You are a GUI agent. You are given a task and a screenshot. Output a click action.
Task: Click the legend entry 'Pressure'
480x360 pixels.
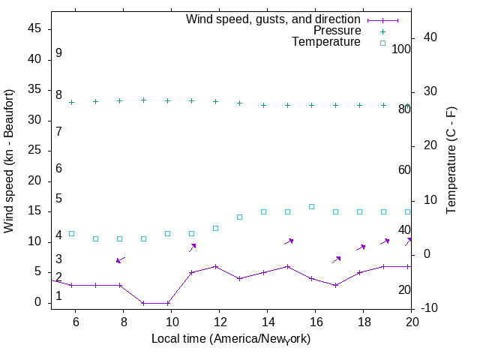tap(337, 31)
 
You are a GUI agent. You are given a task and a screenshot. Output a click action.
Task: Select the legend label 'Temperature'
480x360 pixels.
tap(326, 42)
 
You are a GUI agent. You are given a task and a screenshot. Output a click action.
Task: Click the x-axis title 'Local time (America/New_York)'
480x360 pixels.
tap(231, 339)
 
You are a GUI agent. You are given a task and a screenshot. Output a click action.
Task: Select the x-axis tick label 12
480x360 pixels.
tap(220, 321)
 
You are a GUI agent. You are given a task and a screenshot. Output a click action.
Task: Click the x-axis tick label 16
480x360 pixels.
tap(316, 321)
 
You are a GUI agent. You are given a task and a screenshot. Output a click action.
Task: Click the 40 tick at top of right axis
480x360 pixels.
tap(430, 37)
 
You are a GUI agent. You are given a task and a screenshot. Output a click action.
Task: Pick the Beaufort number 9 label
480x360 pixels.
tap(58, 54)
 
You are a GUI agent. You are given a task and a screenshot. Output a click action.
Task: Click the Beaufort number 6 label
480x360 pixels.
tap(58, 169)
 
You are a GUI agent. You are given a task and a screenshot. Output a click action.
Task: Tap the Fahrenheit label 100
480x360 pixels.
tap(401, 49)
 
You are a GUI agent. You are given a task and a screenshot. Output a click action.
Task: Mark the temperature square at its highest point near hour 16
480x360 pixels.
tap(311, 206)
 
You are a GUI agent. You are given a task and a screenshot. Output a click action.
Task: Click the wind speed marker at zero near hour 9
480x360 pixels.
tap(143, 303)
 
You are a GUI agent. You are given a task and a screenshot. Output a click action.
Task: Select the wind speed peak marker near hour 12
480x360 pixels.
tap(215, 266)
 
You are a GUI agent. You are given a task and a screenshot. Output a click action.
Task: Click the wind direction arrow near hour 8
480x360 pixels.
tap(120, 259)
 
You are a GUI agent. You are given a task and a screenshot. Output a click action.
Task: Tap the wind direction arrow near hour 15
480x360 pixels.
tap(288, 241)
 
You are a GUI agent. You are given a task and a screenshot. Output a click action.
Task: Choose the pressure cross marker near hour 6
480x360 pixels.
tap(72, 102)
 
